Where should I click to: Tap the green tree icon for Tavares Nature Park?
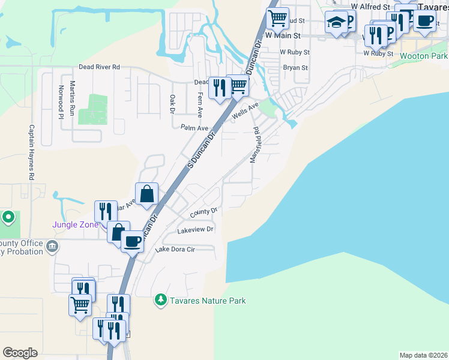click(x=160, y=299)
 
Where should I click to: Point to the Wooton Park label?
click(x=424, y=56)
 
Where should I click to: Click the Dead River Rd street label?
click(x=100, y=67)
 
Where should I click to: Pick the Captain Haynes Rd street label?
click(x=31, y=152)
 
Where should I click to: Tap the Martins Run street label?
click(x=73, y=98)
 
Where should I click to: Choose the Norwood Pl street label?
click(x=61, y=101)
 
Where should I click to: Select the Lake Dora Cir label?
click(x=175, y=250)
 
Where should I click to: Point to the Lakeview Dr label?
click(x=195, y=230)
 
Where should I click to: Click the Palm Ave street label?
click(x=194, y=128)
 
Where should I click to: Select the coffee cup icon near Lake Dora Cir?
click(x=132, y=242)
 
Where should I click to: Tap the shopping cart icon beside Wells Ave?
click(x=238, y=86)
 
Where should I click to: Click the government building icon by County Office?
click(x=52, y=246)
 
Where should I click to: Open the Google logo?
click(x=20, y=353)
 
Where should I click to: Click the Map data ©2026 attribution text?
click(x=423, y=355)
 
